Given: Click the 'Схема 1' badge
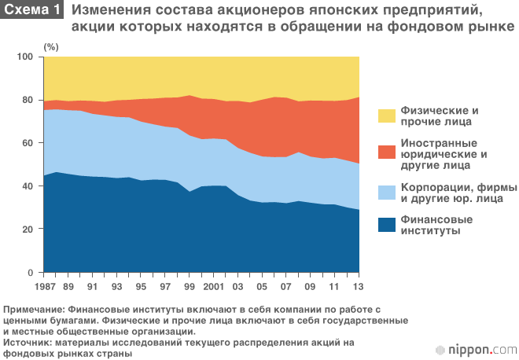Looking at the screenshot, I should [x=32, y=10].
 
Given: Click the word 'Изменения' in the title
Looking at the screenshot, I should [x=109, y=10].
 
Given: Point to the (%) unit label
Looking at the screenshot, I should [x=51, y=47].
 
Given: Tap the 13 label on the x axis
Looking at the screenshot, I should [x=359, y=285].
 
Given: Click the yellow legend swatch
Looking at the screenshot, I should [x=387, y=116].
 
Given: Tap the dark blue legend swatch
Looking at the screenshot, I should [x=387, y=226].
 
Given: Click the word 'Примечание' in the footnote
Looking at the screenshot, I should [x=35, y=310].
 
